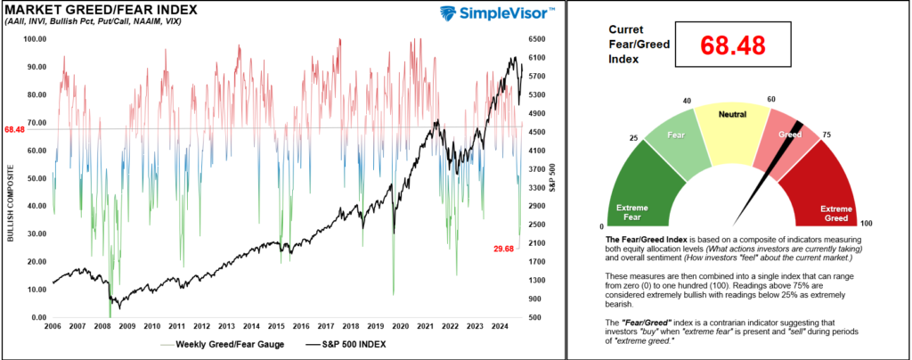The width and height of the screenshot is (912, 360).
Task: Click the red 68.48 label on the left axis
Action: [x=13, y=129]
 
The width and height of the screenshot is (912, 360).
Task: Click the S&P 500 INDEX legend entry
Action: [x=354, y=344]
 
